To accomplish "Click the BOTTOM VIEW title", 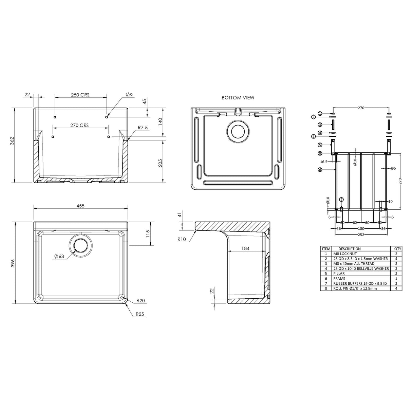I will [x=238, y=98].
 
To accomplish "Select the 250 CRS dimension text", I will [x=80, y=95].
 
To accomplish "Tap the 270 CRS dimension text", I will [x=79, y=125].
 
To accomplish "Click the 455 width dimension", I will [x=80, y=206].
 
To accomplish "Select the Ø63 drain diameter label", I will [x=59, y=256].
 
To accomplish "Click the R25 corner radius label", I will [x=140, y=314].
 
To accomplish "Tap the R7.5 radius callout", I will [x=143, y=128].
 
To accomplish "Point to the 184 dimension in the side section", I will [x=245, y=248].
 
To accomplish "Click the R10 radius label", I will [x=181, y=239].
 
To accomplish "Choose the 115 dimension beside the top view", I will [x=147, y=235].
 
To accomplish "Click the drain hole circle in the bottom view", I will [x=238, y=131].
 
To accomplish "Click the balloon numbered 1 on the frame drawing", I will [x=320, y=113].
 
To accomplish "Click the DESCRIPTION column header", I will [x=349, y=249].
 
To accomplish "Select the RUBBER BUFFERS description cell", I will [x=360, y=283].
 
